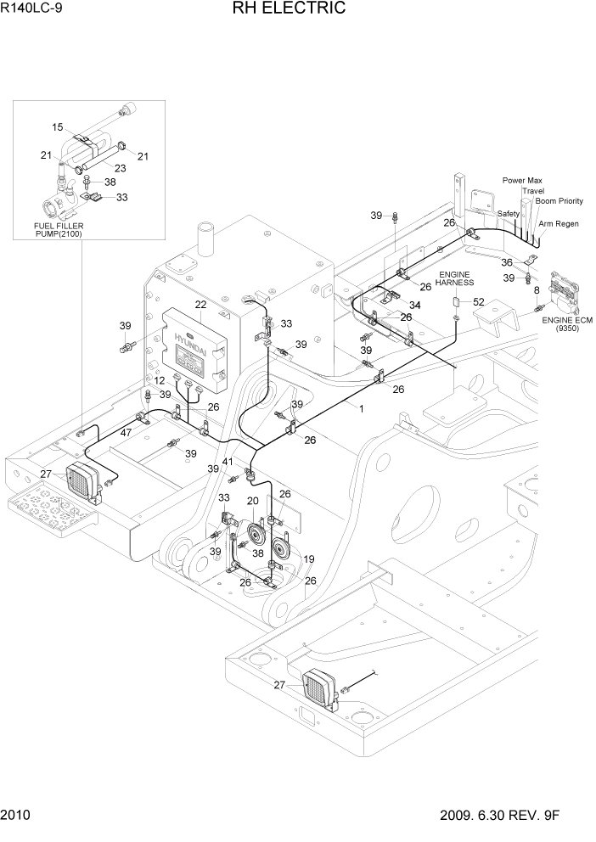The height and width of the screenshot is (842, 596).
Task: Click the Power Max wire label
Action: [x=522, y=180]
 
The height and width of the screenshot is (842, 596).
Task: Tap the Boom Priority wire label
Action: [x=559, y=201]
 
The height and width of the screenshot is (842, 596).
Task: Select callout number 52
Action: [x=478, y=302]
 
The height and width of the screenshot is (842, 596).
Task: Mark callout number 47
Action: [x=126, y=433]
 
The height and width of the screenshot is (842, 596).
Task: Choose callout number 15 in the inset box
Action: [x=58, y=127]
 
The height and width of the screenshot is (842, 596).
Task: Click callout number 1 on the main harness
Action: [x=361, y=408]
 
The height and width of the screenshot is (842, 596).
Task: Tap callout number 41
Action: [x=227, y=462]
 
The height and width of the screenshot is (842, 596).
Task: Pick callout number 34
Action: [x=414, y=305]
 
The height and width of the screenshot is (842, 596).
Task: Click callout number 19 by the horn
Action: [x=309, y=559]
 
